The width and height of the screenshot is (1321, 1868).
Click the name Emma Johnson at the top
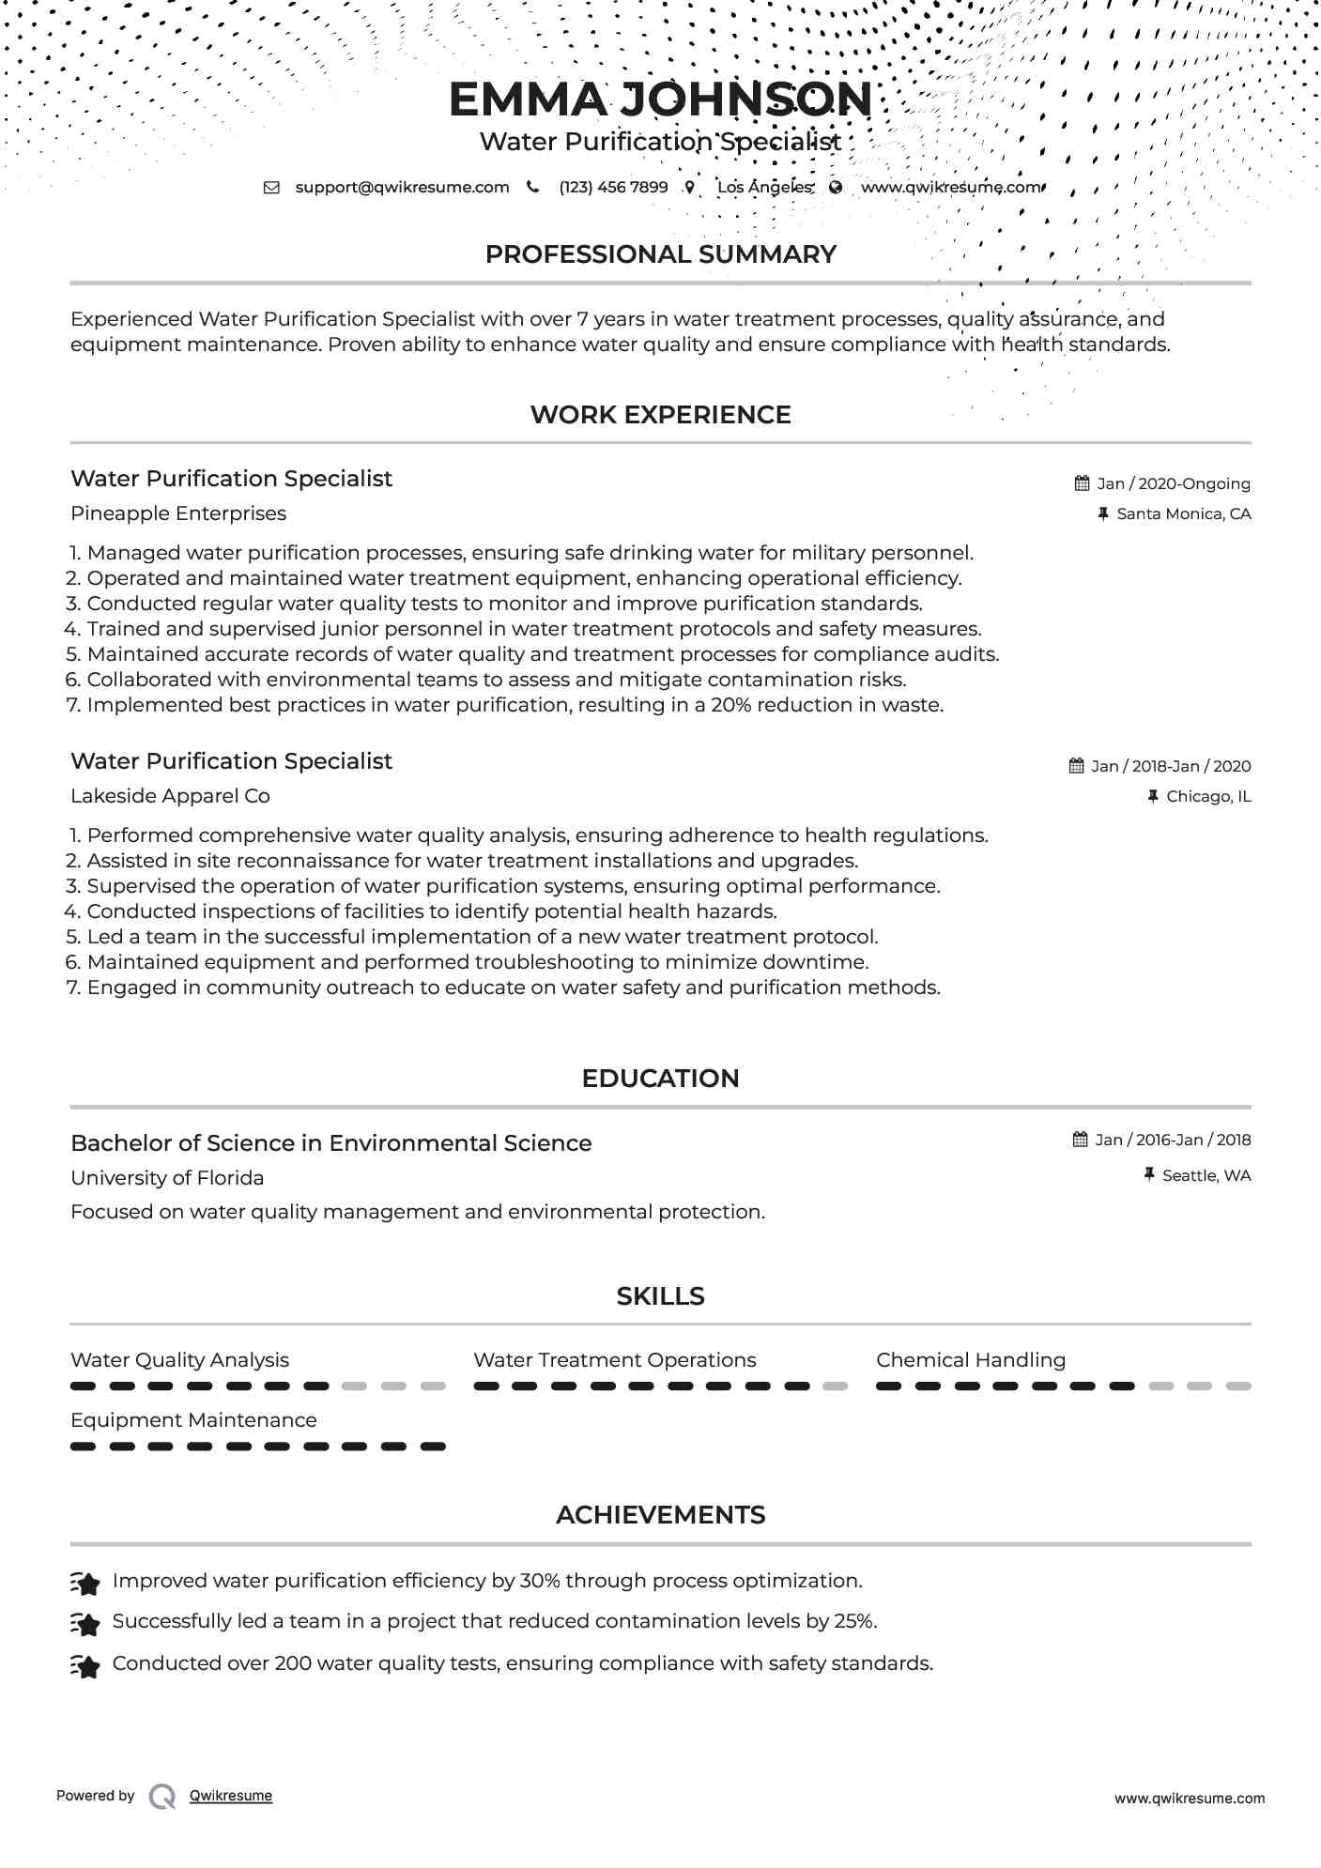pos(660,100)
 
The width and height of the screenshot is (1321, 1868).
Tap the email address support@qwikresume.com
pos(402,187)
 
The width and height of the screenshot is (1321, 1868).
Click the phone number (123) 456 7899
pos(613,187)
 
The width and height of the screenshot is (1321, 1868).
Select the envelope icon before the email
pos(271,187)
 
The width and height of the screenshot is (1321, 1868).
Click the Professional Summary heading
pos(660,254)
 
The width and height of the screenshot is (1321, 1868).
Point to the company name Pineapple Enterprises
pos(178,513)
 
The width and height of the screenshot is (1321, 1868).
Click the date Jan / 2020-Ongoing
pos(1173,483)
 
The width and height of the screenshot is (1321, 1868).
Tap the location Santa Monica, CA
pos(1183,513)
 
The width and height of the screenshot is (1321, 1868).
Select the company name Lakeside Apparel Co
pos(170,796)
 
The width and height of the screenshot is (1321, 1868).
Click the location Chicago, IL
pos(1207,796)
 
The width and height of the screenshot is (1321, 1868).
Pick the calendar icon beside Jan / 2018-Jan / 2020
pos(1077,766)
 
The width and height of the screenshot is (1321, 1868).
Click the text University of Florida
pos(167,1178)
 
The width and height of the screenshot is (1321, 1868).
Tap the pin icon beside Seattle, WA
pos(1149,1174)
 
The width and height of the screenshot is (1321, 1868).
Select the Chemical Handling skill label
pos(971,1360)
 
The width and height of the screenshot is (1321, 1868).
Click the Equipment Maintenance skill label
pos(193,1420)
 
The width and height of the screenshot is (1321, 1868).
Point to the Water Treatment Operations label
pos(614,1360)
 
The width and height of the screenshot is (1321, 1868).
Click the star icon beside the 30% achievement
pos(85,1584)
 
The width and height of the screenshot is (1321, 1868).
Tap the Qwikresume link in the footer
pos(231,1796)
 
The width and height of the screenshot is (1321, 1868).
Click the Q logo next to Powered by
pos(162,1797)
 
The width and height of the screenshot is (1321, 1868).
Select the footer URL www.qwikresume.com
pos(1189,1799)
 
